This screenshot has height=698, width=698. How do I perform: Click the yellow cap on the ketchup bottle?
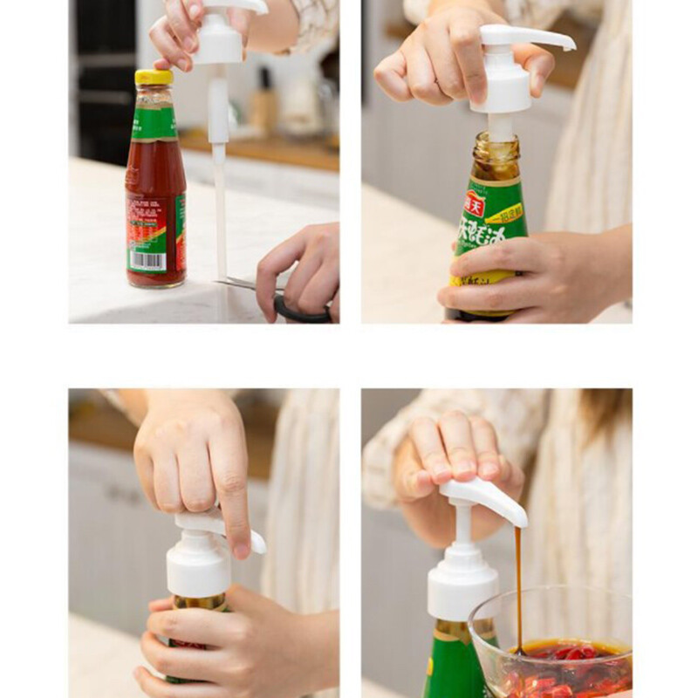154,77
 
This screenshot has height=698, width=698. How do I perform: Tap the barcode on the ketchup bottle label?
147,260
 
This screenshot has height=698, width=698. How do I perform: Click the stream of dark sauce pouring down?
518,585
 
